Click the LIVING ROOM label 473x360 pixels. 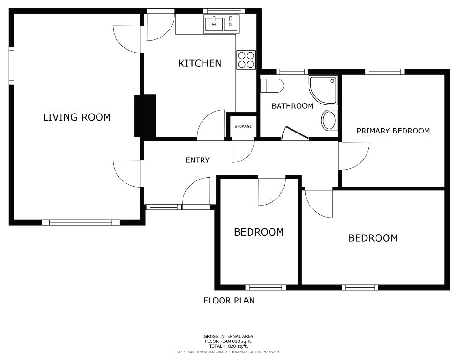[x=77, y=117]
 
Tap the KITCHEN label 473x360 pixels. [x=200, y=63]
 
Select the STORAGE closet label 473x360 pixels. [x=243, y=126]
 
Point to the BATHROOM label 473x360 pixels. [x=293, y=106]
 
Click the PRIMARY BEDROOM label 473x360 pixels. [x=393, y=131]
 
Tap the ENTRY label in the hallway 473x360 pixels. [x=198, y=160]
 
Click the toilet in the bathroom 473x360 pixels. [x=272, y=86]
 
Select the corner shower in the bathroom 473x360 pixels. [x=323, y=90]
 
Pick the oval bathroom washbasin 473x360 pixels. [x=329, y=120]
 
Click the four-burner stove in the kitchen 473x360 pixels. [x=246, y=60]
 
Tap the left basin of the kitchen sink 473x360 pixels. [x=214, y=24]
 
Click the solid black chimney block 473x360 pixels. [x=145, y=116]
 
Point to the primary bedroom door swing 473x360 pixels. [x=355, y=156]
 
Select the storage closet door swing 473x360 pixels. [x=243, y=151]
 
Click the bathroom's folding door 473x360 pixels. [x=296, y=133]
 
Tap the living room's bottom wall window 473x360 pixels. [x=80, y=223]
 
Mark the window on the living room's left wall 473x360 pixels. [x=11, y=66]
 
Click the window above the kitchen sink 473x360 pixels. [x=224, y=11]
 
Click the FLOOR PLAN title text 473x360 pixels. [x=229, y=301]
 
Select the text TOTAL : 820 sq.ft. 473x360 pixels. [x=228, y=346]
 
